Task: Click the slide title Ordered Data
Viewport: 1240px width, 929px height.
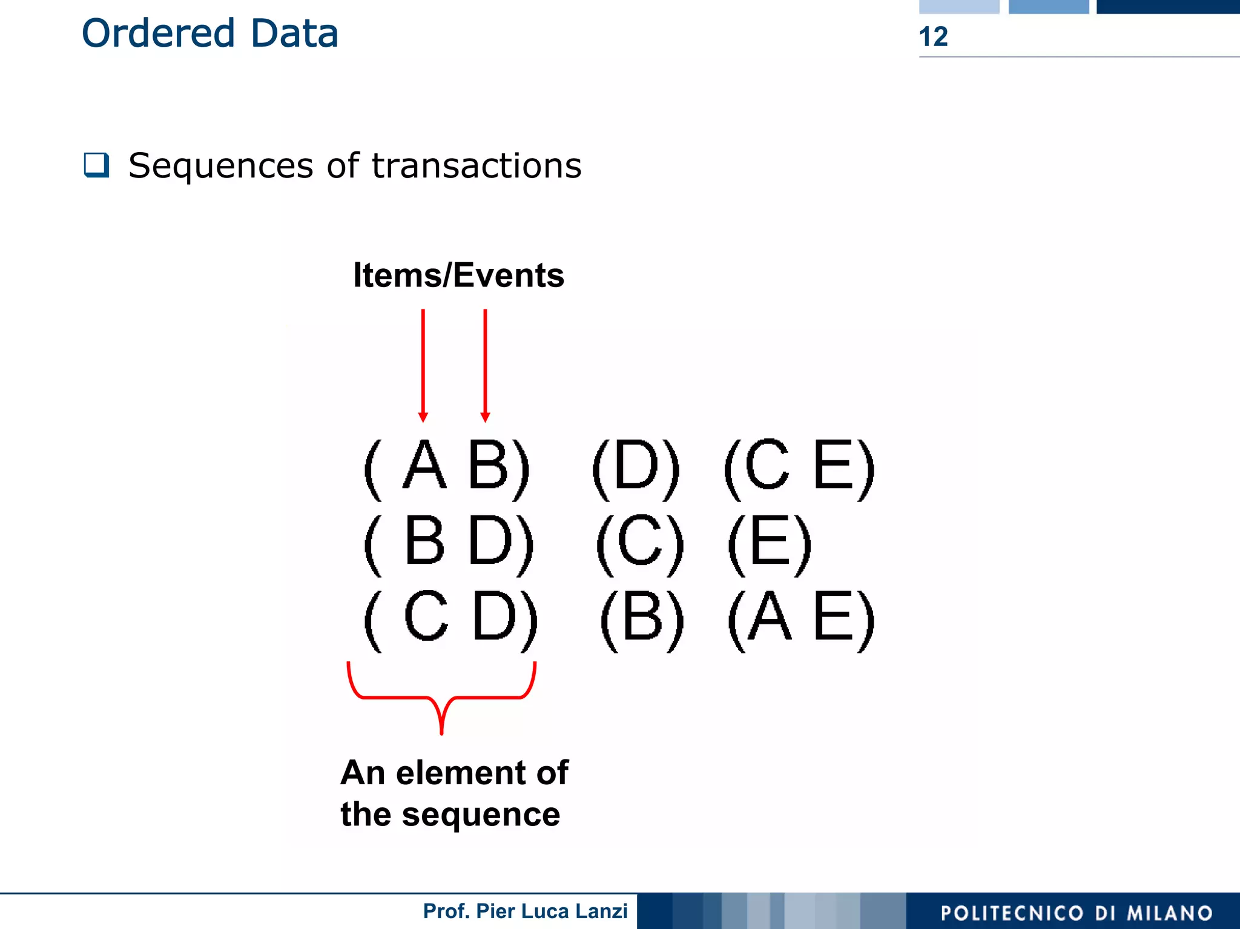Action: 209,33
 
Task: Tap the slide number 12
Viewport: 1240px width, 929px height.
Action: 933,37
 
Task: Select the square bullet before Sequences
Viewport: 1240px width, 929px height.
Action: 97,165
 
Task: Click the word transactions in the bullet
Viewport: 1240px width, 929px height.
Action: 477,165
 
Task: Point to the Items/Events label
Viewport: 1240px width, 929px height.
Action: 458,276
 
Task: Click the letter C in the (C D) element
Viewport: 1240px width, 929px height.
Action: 426,617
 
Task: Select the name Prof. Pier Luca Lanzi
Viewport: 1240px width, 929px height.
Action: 525,911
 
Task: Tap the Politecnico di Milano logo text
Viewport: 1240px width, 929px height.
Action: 1076,913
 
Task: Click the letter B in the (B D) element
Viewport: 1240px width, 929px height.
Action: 424,541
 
